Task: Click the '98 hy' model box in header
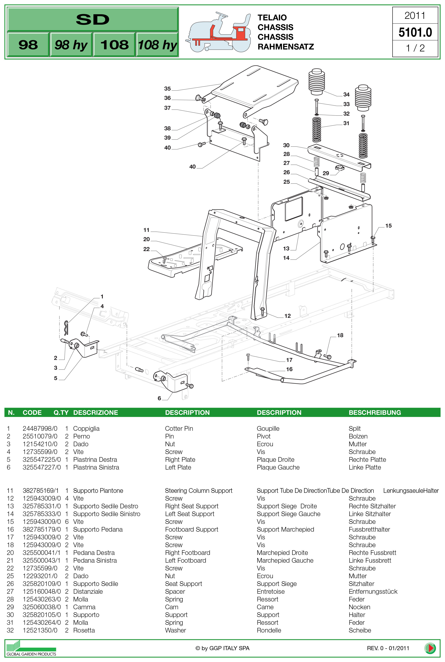point(71,45)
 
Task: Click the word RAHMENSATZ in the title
point(285,47)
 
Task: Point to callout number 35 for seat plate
point(168,89)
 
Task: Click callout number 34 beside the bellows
point(346,94)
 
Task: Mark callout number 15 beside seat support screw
point(388,226)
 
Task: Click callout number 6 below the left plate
point(159,398)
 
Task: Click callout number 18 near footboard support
point(340,335)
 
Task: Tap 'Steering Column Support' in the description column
point(199,490)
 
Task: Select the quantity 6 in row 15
point(67,522)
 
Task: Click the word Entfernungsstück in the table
point(373,591)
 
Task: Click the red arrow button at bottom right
point(430,648)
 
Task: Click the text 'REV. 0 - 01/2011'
point(388,648)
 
